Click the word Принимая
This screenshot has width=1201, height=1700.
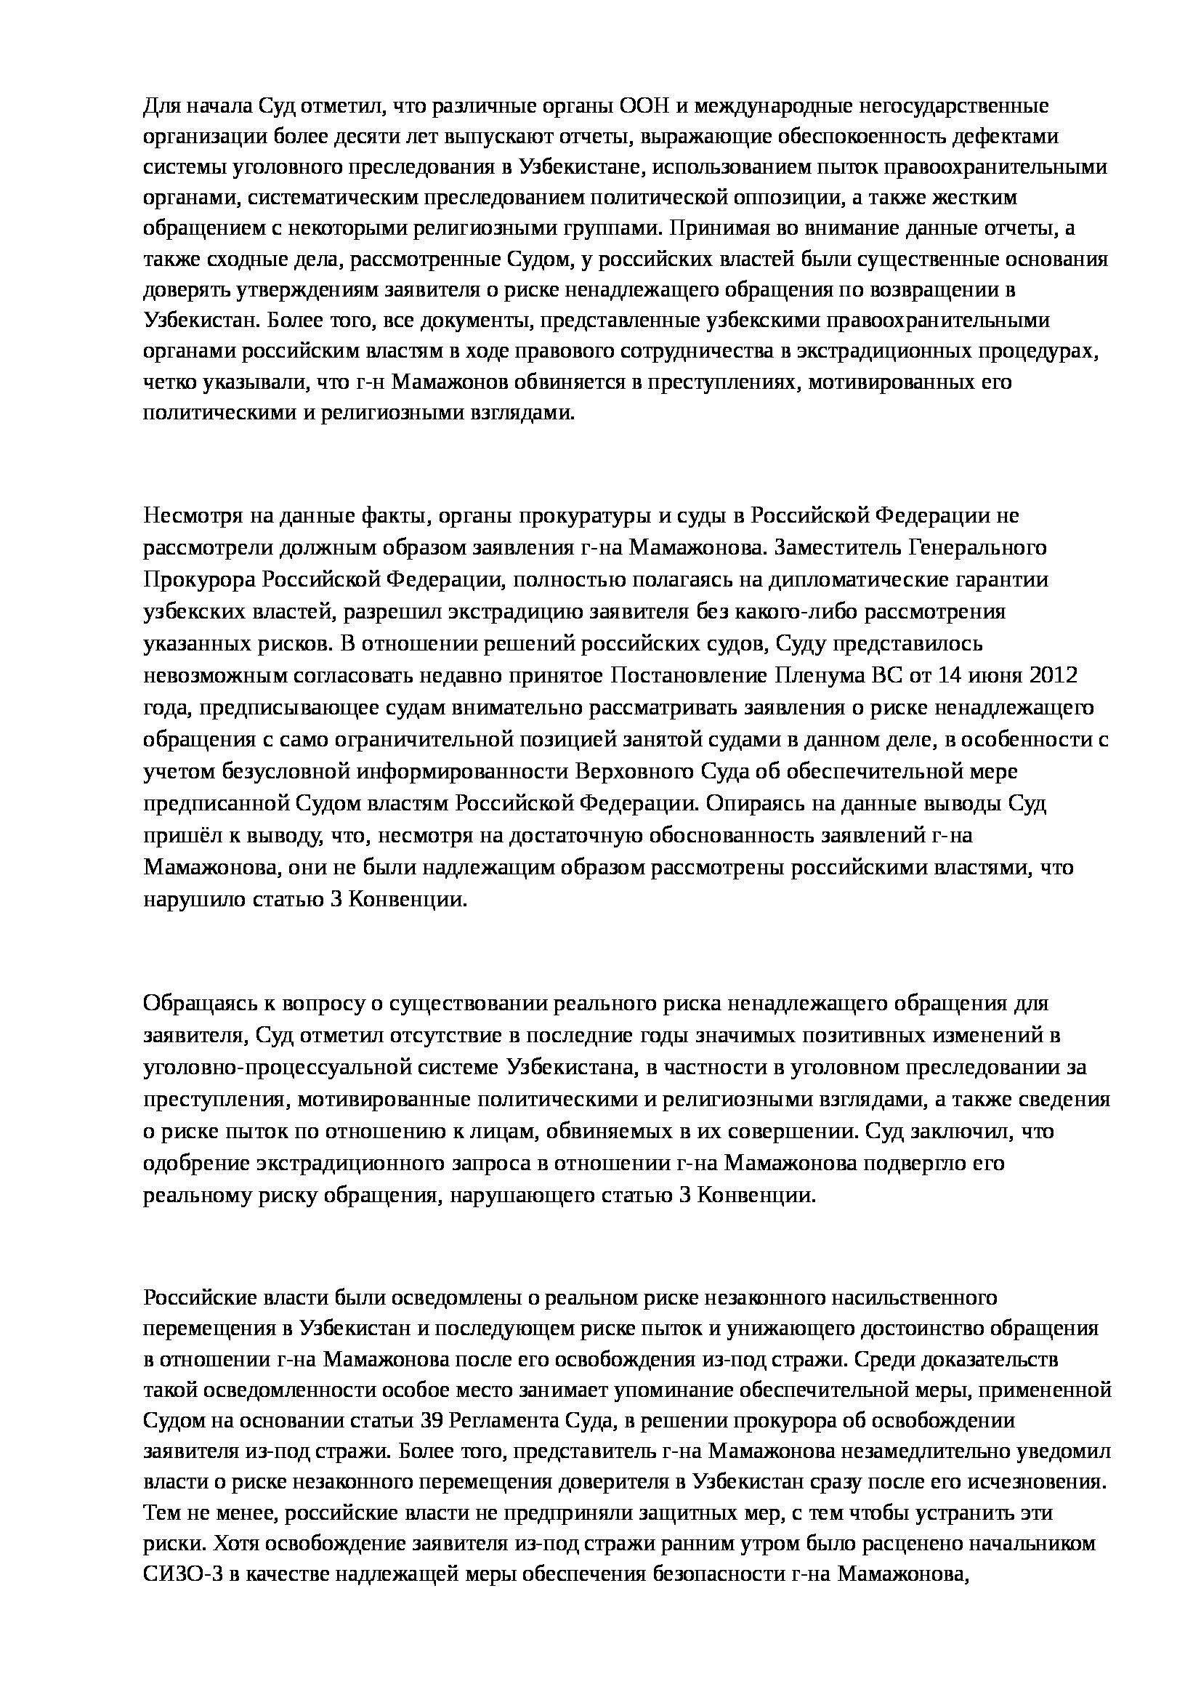[714, 229]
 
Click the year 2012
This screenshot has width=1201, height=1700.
[1053, 676]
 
